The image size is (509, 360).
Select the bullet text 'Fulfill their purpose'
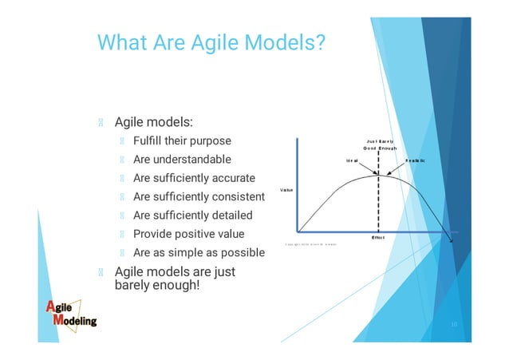pyautogui.click(x=182, y=141)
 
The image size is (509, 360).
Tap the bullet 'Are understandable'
pyautogui.click(x=182, y=160)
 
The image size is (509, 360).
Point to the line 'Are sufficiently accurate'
pyautogui.click(x=194, y=178)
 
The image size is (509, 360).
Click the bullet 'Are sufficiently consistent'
pyautogui.click(x=199, y=196)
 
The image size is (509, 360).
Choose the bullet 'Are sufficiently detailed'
pyautogui.click(x=192, y=216)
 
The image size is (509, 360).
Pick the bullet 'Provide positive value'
pyautogui.click(x=188, y=234)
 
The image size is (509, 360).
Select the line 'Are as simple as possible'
pyautogui.click(x=199, y=253)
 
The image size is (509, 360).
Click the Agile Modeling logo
pyautogui.click(x=70, y=313)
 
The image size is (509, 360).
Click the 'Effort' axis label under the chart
pyautogui.click(x=378, y=237)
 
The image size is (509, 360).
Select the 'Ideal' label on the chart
pyautogui.click(x=352, y=160)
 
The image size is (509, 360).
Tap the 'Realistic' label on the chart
pyautogui.click(x=415, y=160)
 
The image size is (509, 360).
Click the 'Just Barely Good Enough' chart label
pyautogui.click(x=380, y=145)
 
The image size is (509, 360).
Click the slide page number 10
pyautogui.click(x=452, y=326)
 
